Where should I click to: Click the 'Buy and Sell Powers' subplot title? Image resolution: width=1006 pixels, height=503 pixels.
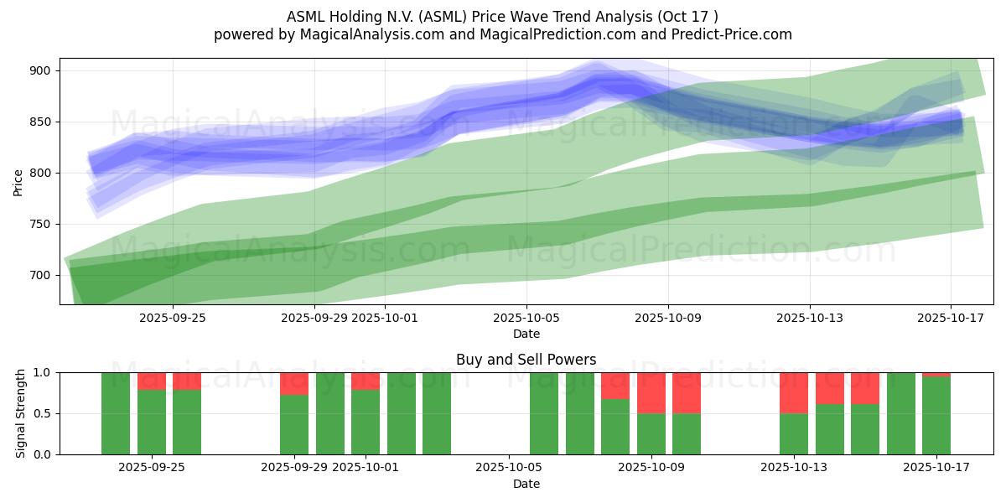526,360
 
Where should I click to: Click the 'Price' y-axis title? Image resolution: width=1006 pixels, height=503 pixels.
18,182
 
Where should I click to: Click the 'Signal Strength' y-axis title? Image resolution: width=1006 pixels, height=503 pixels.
21,413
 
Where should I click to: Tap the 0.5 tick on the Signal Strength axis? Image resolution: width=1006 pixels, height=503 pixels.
41,413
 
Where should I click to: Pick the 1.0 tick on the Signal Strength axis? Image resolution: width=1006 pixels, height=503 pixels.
41,372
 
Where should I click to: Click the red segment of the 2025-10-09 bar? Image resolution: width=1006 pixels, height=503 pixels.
651,392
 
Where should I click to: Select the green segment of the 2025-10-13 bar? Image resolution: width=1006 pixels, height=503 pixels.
794,433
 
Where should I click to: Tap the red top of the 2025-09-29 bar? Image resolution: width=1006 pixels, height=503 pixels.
294,383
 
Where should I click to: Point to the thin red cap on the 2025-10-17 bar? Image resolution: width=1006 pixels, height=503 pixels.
936,374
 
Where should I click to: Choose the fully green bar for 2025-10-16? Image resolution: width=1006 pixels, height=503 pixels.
901,413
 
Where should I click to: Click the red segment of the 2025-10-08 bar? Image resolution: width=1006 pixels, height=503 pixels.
615,386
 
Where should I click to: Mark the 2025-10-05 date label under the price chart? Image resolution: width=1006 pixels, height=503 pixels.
526,318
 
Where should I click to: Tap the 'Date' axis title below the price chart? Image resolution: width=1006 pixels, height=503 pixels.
526,334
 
